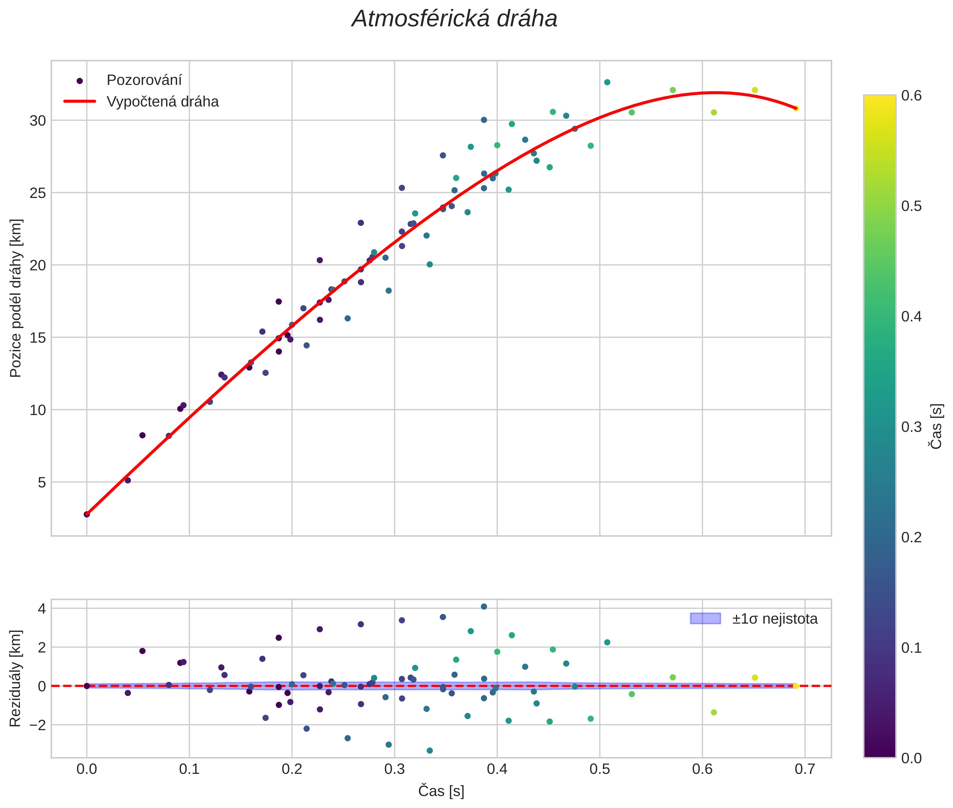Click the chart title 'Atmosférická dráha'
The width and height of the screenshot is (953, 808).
pyautogui.click(x=454, y=19)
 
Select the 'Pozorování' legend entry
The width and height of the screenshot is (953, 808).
pyautogui.click(x=144, y=80)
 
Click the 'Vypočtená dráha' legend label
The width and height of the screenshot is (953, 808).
pyautogui.click(x=162, y=102)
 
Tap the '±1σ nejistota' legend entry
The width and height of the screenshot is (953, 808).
pyautogui.click(x=774, y=619)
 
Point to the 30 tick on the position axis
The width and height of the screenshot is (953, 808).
pyautogui.click(x=38, y=121)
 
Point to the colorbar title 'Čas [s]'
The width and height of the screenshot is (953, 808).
pyautogui.click(x=937, y=426)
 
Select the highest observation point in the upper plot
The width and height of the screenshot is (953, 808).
pyautogui.click(x=607, y=82)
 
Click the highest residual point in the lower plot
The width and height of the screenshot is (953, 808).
pyautogui.click(x=484, y=606)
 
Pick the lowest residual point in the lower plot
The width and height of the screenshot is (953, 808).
pyautogui.click(x=430, y=751)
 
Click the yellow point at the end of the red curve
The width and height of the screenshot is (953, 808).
pyautogui.click(x=796, y=109)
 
